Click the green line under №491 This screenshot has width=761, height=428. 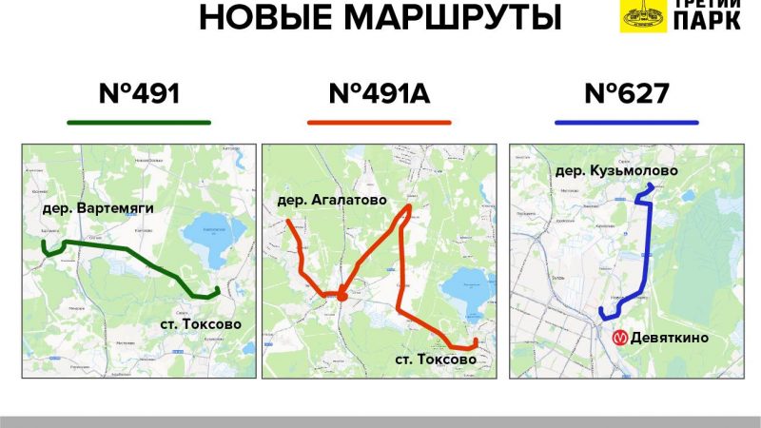coord(139,123)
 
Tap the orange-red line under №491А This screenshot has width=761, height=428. coord(379,123)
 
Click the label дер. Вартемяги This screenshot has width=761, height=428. coord(97,207)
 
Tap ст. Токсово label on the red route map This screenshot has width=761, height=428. coord(435,360)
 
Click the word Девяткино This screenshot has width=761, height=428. coord(670,338)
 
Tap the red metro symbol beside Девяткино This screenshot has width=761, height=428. coord(619,338)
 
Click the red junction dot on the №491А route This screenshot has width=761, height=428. coord(341,296)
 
